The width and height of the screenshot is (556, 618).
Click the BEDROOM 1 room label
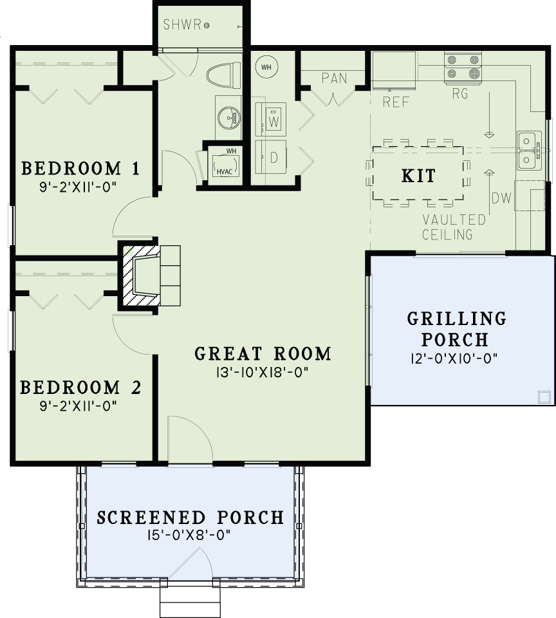(x=80, y=169)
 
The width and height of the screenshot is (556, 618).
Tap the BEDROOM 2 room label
(x=80, y=388)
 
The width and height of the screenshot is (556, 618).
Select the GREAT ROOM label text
(x=263, y=353)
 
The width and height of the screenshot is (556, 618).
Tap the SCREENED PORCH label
(x=190, y=518)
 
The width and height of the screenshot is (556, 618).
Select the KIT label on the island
(x=418, y=176)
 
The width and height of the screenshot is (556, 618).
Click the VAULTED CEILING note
(x=454, y=228)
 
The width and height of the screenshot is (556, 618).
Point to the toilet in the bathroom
(x=224, y=75)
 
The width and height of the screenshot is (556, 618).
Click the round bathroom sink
(x=227, y=117)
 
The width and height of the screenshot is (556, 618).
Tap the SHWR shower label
(x=182, y=26)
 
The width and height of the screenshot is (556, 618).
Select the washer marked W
(x=273, y=120)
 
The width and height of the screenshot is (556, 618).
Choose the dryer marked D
(x=273, y=158)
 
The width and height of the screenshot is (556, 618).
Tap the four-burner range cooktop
(x=463, y=68)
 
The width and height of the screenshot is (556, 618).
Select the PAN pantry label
(x=335, y=79)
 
